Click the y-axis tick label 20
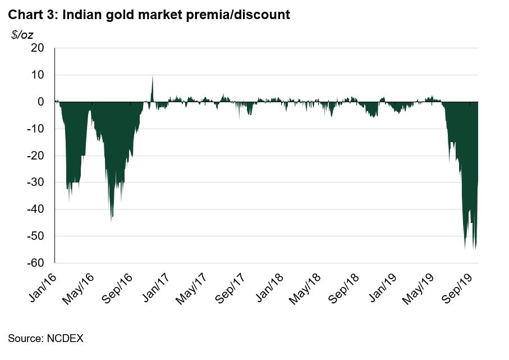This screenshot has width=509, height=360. (x=37, y=48)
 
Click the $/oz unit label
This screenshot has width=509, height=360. (x=22, y=35)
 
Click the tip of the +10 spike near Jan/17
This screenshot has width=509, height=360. (x=153, y=76)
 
